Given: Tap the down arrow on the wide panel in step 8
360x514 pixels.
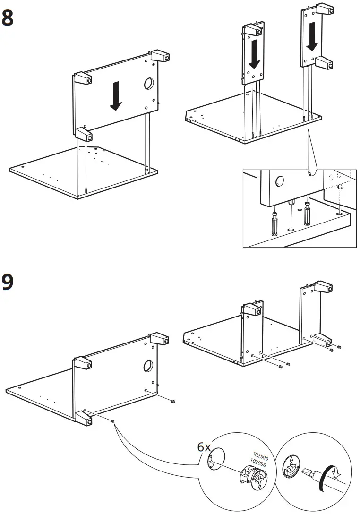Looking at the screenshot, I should point(115,96).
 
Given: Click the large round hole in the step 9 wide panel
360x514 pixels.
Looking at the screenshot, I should point(147,366).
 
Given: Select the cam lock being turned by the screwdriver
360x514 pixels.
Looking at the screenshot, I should point(292,468).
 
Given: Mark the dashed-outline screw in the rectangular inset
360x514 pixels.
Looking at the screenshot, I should point(339,189).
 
